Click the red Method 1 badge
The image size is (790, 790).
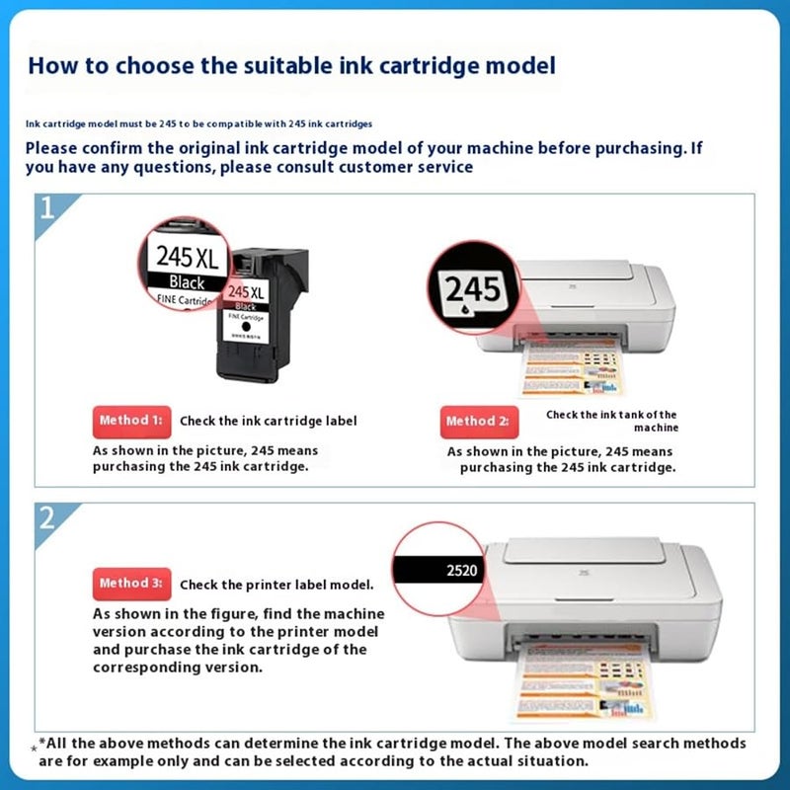tap(131, 421)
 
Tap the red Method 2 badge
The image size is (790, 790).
tap(477, 422)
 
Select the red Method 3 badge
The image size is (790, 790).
tap(131, 584)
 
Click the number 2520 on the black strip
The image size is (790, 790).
tap(460, 570)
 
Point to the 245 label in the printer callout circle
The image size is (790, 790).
tap(472, 288)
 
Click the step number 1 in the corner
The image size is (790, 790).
tap(46, 209)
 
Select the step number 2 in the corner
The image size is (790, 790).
tap(46, 517)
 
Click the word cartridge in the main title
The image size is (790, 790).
tap(380, 66)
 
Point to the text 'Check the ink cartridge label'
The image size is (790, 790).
tap(268, 421)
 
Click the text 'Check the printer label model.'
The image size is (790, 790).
tap(276, 585)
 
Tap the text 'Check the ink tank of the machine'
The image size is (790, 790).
tap(612, 421)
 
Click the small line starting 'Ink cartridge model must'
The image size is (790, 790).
tap(197, 123)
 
